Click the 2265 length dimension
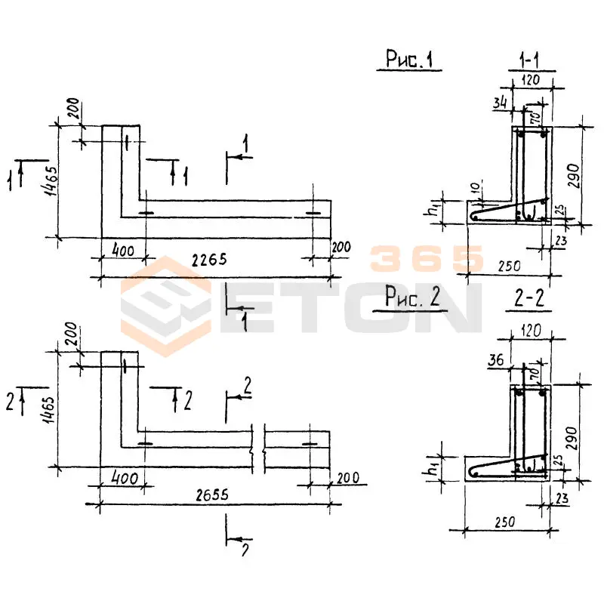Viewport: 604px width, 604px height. tap(209, 260)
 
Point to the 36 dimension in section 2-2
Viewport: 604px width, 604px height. tap(496, 362)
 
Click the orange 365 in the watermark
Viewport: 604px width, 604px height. tap(427, 259)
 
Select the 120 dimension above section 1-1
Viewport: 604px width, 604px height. tap(533, 78)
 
